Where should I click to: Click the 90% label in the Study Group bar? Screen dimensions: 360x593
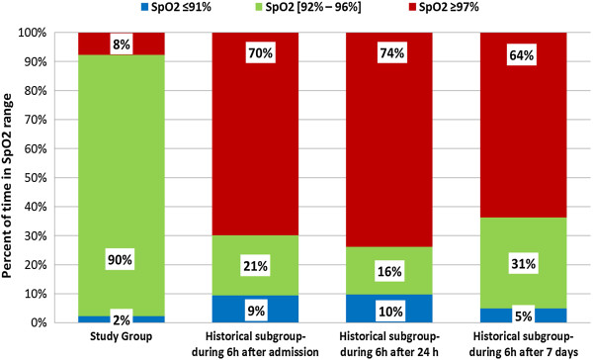point(121,233)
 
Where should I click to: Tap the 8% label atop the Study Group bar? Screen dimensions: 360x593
point(121,45)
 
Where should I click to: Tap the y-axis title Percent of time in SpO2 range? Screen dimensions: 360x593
point(9,178)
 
